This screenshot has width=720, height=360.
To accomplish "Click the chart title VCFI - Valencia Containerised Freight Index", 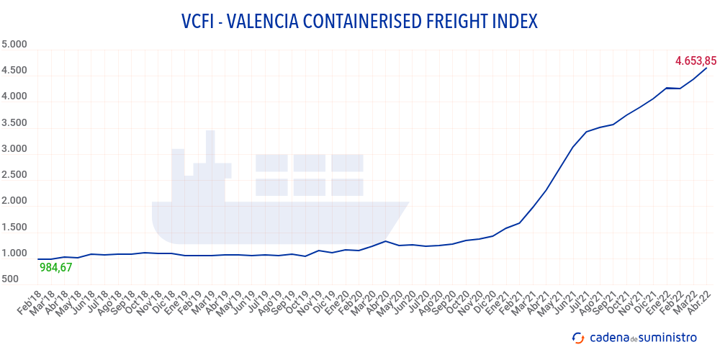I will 359,22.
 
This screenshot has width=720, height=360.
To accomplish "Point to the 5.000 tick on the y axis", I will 14,45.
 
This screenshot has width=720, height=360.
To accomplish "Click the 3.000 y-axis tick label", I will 14,149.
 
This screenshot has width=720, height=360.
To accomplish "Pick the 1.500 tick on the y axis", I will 14,228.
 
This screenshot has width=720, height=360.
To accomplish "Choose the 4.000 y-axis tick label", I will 14,96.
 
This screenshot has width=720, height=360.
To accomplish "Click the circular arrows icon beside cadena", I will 577,337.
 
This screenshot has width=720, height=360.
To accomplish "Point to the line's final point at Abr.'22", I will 707,68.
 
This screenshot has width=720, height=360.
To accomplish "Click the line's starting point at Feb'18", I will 37,259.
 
